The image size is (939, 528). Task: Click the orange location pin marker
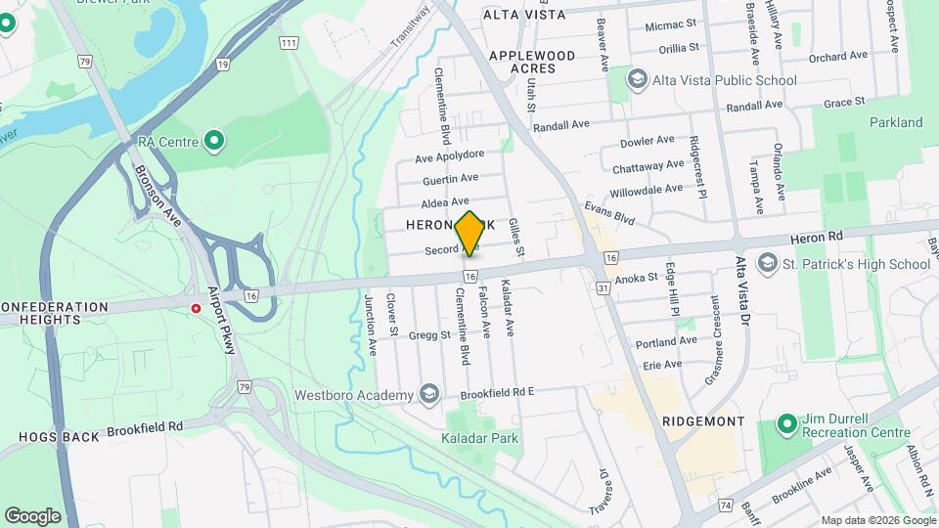click(x=470, y=233)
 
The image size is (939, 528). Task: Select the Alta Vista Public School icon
click(x=639, y=79)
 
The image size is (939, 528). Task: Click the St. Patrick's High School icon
click(x=768, y=263)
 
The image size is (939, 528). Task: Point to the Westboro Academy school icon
click(x=427, y=394)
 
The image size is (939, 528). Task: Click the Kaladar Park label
click(x=481, y=438)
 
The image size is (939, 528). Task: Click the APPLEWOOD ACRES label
click(x=536, y=62)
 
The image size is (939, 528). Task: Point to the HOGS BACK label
click(x=60, y=436)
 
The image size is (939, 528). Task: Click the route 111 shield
click(x=288, y=43)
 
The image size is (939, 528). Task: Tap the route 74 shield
click(x=725, y=505)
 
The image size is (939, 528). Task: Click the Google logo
click(x=32, y=515)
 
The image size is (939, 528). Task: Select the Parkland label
click(x=895, y=122)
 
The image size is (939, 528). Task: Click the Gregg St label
click(x=430, y=334)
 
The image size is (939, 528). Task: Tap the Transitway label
click(x=411, y=28)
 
